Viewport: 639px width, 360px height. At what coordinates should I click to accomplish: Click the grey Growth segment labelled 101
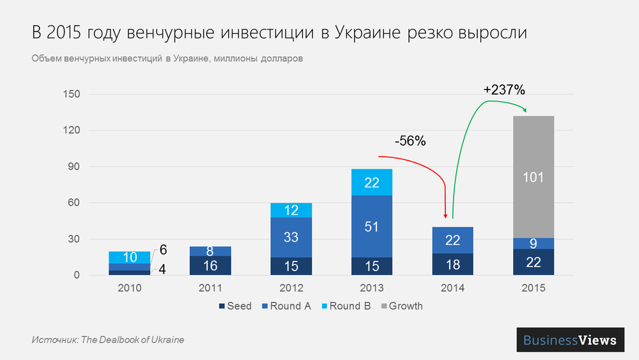[x=533, y=177]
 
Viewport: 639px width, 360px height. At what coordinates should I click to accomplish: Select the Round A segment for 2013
[x=371, y=226]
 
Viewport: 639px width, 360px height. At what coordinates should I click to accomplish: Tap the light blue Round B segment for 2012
[x=291, y=210]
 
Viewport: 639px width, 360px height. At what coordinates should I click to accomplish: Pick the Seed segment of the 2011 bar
[x=210, y=265]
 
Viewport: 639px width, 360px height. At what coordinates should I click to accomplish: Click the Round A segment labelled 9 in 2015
[x=533, y=243]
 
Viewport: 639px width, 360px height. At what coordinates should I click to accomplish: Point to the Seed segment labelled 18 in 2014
[x=452, y=265]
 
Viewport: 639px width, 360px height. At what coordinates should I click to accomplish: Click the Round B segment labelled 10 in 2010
[x=129, y=257]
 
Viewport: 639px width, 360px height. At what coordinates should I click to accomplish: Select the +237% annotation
[x=504, y=90]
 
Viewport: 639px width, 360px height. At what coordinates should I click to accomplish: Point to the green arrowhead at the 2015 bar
[x=525, y=111]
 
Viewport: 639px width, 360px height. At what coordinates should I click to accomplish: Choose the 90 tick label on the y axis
[x=73, y=167]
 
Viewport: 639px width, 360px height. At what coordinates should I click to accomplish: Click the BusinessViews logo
[x=570, y=340]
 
